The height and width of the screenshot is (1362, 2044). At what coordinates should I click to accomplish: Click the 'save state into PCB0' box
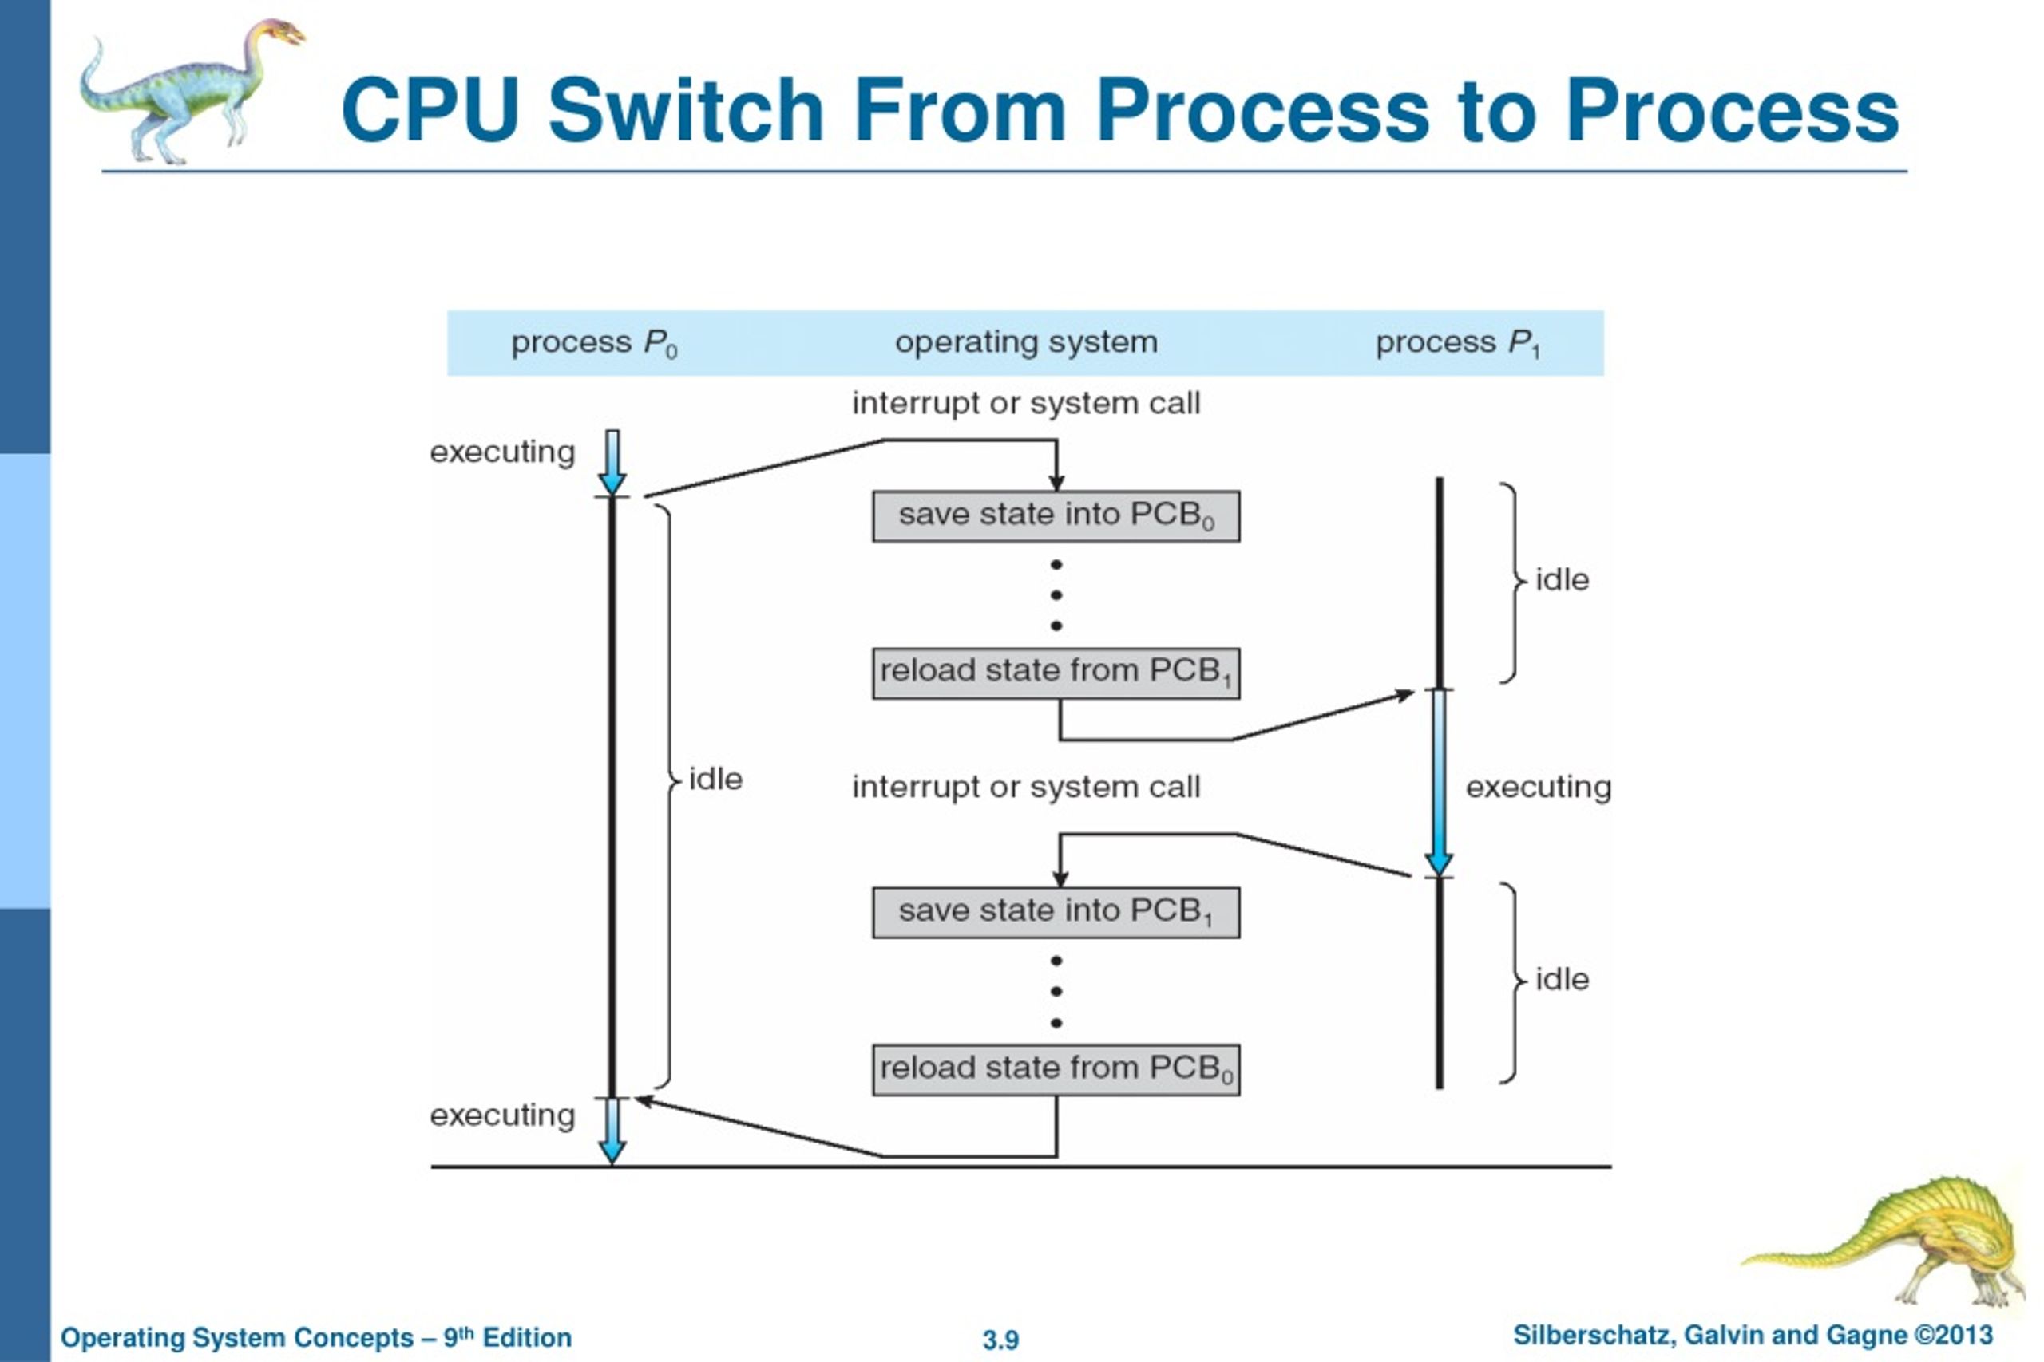coord(1056,516)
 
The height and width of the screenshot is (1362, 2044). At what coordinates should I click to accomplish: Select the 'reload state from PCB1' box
coord(1056,673)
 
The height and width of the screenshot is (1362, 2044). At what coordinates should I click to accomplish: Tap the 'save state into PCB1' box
coord(1056,912)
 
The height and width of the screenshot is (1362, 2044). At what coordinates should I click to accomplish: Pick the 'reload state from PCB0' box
coord(1056,1069)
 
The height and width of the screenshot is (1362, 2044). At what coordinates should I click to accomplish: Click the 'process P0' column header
coord(594,344)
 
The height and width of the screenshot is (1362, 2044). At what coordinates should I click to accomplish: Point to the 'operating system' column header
coord(1026,342)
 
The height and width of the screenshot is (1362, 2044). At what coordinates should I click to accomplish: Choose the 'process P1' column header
coord(1458,344)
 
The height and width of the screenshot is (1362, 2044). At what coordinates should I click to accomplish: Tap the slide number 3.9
coord(1000,1340)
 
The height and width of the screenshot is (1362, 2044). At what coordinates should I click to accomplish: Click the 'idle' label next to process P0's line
coord(715,780)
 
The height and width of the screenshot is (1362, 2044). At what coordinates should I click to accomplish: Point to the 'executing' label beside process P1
coord(1539,788)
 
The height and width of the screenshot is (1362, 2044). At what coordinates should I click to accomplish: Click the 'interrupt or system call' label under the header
coord(1026,403)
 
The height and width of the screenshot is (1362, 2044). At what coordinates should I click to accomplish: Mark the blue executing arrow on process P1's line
coord(1439,783)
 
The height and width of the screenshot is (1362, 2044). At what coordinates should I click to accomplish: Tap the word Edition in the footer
coord(527,1338)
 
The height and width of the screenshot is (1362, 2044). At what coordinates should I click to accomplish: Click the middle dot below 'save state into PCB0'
coord(1056,595)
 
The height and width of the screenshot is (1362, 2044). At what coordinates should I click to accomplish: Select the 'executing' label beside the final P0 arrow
coord(502,1116)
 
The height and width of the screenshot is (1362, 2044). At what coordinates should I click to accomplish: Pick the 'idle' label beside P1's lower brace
coord(1563,980)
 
